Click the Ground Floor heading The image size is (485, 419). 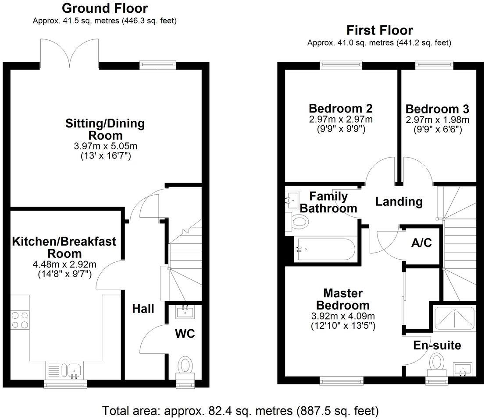point(104,8)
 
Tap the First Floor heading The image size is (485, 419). point(379,30)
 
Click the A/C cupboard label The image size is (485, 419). point(422,243)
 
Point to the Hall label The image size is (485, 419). point(143,309)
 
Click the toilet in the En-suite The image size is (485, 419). point(436,363)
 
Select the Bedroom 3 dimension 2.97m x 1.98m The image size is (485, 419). point(437,120)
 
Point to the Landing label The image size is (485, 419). point(399,202)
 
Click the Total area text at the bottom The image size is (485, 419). point(240,411)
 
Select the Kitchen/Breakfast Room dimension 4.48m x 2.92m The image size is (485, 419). point(64,264)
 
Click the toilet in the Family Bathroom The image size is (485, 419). point(300,222)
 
